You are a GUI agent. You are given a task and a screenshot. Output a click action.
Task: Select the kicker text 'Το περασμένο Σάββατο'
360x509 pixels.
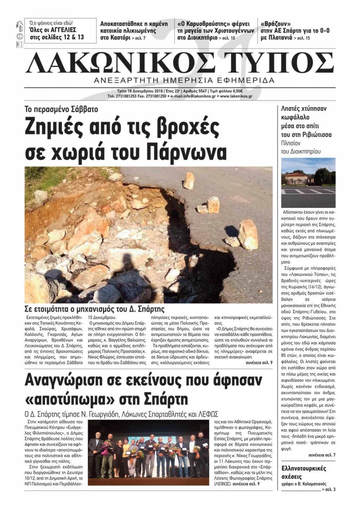(61, 109)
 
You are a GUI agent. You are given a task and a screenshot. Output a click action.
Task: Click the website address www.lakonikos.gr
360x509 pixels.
(236, 96)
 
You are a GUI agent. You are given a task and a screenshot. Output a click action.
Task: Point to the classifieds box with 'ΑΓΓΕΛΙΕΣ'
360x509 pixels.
(60, 31)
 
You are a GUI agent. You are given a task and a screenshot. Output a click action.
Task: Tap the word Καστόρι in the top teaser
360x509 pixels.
(115, 37)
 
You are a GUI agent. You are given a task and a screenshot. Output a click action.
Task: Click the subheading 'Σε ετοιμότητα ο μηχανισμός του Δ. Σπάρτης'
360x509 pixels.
(94, 309)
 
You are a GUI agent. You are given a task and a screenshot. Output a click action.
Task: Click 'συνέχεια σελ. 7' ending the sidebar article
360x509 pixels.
(322, 455)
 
